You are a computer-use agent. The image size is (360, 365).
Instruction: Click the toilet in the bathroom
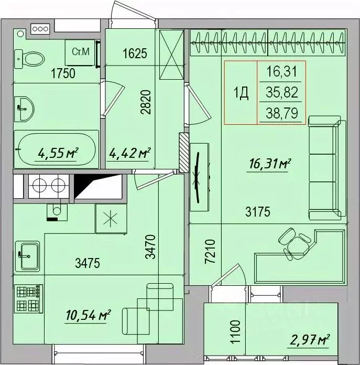tap(29, 59)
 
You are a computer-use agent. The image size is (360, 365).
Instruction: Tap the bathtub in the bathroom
tap(56, 149)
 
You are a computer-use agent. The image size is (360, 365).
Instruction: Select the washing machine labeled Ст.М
tap(80, 52)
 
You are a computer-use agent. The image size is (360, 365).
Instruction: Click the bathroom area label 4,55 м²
tap(58, 153)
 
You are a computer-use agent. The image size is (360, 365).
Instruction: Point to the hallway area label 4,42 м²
tap(130, 153)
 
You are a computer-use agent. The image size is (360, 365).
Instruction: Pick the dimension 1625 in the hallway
tap(135, 53)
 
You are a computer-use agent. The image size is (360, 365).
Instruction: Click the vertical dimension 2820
tap(146, 102)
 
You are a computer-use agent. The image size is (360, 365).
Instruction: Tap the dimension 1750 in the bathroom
tap(63, 73)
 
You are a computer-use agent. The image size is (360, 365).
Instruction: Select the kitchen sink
tap(27, 256)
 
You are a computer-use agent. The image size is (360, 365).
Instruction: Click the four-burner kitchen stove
tap(29, 298)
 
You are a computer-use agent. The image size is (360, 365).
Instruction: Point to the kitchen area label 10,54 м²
tap(89, 315)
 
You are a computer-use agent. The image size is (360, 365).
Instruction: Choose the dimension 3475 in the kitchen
tap(88, 263)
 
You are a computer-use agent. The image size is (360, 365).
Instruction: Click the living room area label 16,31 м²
tap(270, 164)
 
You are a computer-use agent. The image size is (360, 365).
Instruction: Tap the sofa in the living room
tap(327, 168)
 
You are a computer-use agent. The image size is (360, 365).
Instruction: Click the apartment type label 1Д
tap(241, 93)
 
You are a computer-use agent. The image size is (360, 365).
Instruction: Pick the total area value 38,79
tap(282, 113)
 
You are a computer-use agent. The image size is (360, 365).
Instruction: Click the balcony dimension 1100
tap(235, 331)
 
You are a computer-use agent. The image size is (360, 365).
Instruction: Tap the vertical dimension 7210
tap(211, 251)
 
